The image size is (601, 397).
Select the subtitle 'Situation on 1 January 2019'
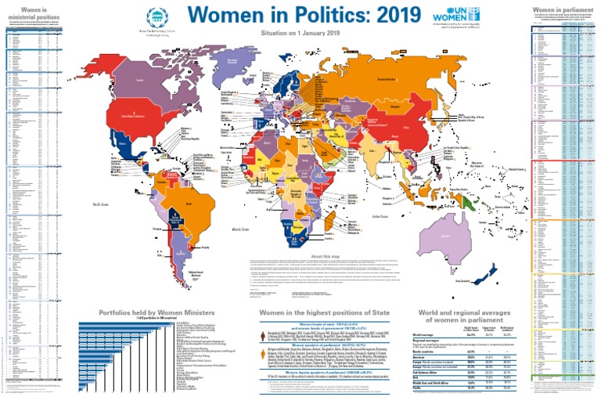click(300, 34)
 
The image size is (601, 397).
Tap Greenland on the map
click(243, 63)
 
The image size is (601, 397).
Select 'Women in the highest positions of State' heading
click(323, 312)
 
